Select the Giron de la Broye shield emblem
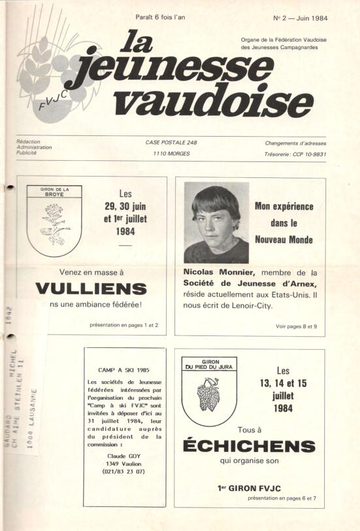tap(54, 220)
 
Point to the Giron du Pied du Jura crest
tap(208, 390)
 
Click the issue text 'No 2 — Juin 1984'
tap(300, 18)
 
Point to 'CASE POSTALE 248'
tap(171, 143)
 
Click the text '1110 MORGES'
tap(171, 155)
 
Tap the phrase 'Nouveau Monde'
tap(283, 240)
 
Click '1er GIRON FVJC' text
tap(249, 487)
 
